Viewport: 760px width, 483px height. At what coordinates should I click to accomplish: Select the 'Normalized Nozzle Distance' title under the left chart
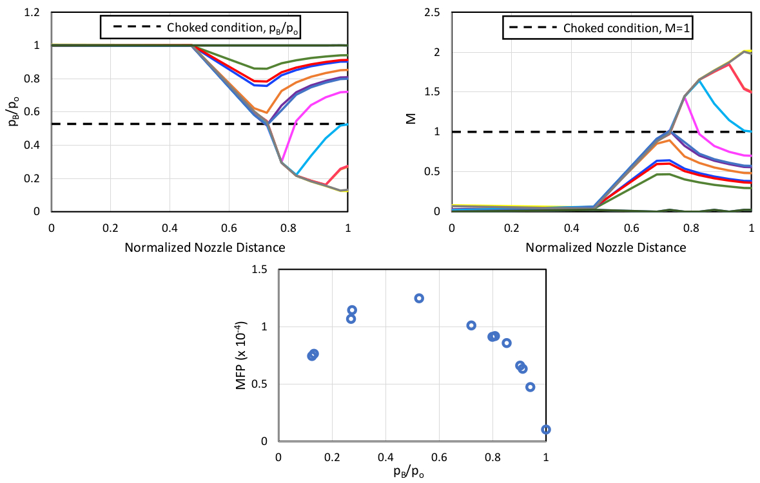pos(200,247)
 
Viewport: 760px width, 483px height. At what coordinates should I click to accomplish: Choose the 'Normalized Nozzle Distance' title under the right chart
pos(601,247)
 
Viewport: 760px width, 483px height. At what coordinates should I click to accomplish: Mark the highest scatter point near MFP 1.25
pos(419,298)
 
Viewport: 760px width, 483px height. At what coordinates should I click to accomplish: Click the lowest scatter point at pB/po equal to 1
pos(546,430)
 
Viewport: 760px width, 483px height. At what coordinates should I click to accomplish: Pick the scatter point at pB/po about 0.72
pos(471,326)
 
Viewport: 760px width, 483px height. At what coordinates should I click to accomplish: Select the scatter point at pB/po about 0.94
pos(530,387)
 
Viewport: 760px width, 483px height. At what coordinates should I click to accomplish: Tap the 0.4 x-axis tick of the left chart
pos(170,227)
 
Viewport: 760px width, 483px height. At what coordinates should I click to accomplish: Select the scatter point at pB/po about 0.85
pos(507,343)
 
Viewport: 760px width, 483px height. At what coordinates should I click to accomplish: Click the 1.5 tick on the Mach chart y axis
pos(433,92)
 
